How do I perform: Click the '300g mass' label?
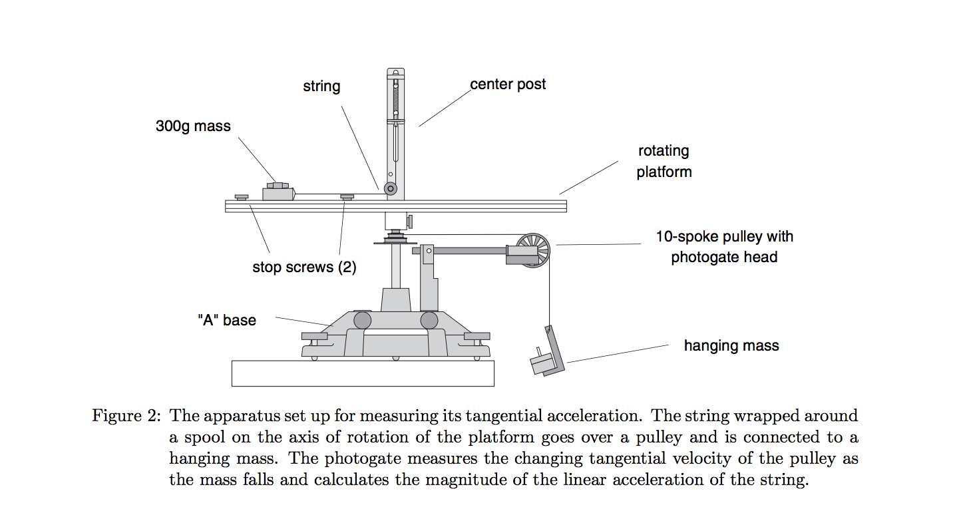pyautogui.click(x=193, y=126)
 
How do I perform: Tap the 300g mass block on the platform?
pyautogui.click(x=279, y=194)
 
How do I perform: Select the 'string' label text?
pyautogui.click(x=321, y=86)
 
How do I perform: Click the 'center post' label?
pyautogui.click(x=508, y=85)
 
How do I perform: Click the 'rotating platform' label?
pyautogui.click(x=664, y=161)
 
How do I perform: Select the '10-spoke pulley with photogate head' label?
pyautogui.click(x=724, y=246)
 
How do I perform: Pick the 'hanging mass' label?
pyautogui.click(x=731, y=345)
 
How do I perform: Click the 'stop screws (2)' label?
pyautogui.click(x=304, y=267)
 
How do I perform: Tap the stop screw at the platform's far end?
pyautogui.click(x=242, y=197)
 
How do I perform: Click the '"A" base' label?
pyautogui.click(x=227, y=320)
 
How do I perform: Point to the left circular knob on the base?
pyautogui.click(x=362, y=321)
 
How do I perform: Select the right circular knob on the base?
pyautogui.click(x=429, y=321)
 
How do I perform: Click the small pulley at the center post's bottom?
pyautogui.click(x=391, y=190)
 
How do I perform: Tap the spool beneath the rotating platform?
pyautogui.click(x=396, y=237)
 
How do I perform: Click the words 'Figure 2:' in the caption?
pyautogui.click(x=126, y=417)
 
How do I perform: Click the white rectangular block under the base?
pyautogui.click(x=363, y=373)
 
